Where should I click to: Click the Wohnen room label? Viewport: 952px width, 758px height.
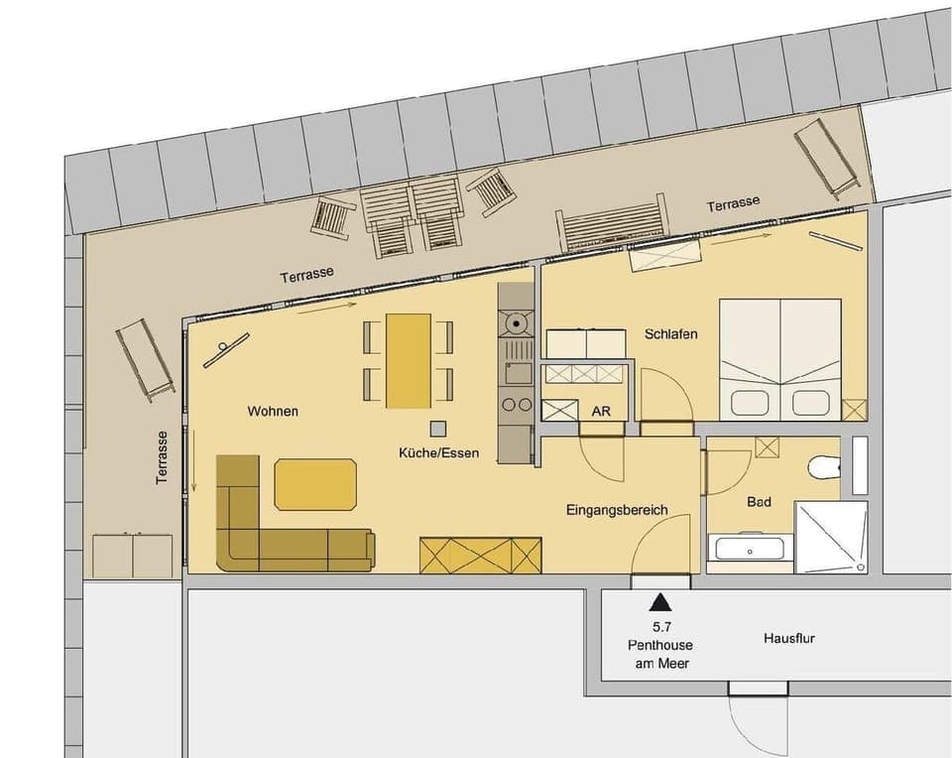coord(273,411)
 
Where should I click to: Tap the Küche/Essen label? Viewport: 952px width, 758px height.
coord(438,453)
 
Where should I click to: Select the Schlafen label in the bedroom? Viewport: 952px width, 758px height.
coord(670,334)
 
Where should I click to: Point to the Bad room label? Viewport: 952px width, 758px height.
coord(759,502)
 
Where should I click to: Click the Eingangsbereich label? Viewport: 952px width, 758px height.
coord(616,510)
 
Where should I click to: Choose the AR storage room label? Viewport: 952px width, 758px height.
coord(601,411)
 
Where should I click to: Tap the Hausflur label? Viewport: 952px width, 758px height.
coord(789,639)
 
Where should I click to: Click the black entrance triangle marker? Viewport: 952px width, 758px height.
coord(658,602)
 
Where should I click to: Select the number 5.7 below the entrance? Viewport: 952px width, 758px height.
coord(658,626)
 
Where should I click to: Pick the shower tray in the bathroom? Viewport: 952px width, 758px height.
coord(831,537)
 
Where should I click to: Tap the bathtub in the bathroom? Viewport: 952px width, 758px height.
coord(750,548)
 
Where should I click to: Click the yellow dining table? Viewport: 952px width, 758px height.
coord(408,360)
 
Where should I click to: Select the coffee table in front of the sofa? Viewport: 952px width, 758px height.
coord(315,484)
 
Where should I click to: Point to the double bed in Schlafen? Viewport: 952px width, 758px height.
coord(779,357)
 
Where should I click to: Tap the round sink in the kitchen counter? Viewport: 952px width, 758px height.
coord(515,322)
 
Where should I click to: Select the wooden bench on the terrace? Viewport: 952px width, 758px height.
coord(610,223)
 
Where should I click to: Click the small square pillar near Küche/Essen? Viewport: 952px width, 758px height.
coord(437,428)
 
